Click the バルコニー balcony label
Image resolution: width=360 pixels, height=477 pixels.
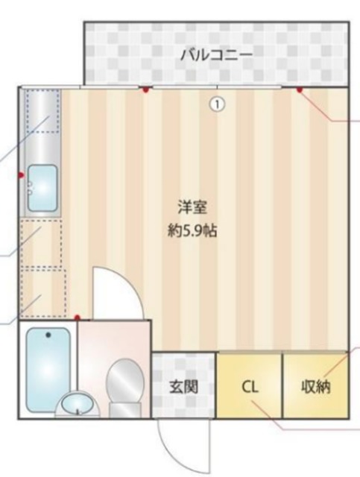(x=217, y=55)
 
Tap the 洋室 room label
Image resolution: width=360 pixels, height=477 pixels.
(x=192, y=208)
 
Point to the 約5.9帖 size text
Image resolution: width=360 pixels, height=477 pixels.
(x=192, y=232)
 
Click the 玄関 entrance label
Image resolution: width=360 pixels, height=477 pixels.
(x=183, y=387)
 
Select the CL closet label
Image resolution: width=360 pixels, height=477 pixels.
(x=250, y=387)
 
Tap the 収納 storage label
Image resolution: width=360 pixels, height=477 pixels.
(x=315, y=387)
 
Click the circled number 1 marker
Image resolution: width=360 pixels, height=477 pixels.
(x=218, y=104)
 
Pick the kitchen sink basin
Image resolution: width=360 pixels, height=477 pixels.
(x=42, y=189)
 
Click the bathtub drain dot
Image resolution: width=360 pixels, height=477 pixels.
(x=48, y=335)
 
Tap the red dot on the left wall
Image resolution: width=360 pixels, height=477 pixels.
(x=21, y=175)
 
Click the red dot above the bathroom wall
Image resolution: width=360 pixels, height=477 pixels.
(x=78, y=318)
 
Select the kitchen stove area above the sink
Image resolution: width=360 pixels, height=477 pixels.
(x=42, y=112)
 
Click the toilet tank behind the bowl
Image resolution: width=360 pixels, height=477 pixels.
(x=125, y=410)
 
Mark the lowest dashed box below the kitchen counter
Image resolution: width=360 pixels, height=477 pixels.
(x=44, y=293)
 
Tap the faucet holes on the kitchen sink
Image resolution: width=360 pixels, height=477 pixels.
(x=30, y=189)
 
